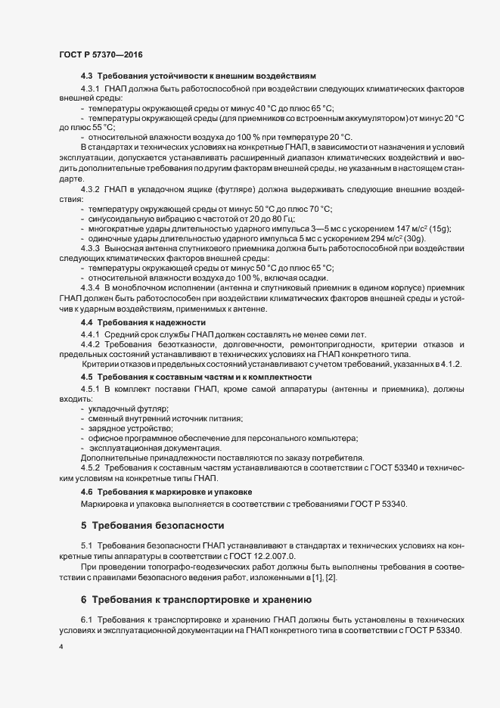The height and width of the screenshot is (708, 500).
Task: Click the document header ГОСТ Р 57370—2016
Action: click(100, 54)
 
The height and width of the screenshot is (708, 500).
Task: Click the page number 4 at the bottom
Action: click(61, 648)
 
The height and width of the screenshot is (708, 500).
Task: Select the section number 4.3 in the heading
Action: click(87, 76)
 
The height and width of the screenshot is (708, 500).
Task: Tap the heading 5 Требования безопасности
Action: click(154, 523)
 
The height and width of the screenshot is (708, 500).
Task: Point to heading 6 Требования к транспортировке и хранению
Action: click(197, 600)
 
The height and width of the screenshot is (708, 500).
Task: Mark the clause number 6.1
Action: click(85, 619)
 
